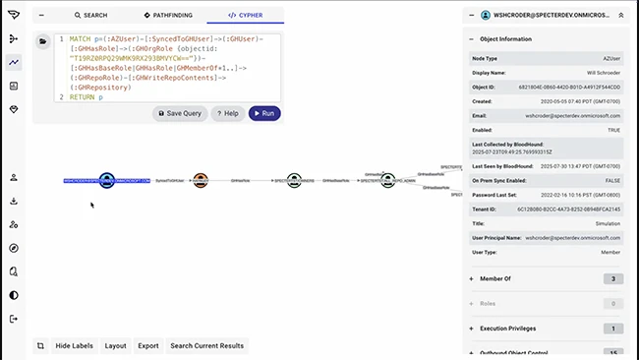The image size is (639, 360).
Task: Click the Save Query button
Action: point(180,114)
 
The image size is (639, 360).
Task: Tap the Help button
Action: point(227,114)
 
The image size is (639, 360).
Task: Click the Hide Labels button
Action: point(74,345)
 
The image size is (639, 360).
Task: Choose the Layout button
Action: point(115,345)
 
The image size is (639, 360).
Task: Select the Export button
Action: point(147,345)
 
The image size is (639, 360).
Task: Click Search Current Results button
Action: point(206,345)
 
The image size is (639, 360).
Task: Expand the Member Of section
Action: point(495,279)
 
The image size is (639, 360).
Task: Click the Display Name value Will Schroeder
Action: point(601,73)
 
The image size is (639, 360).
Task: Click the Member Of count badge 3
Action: point(612,279)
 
